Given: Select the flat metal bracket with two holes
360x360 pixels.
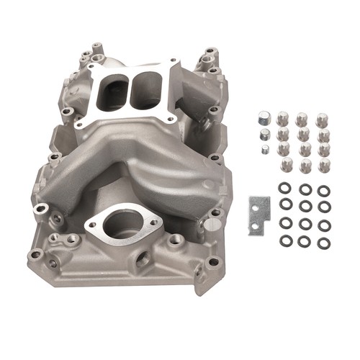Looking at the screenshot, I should point(258,215).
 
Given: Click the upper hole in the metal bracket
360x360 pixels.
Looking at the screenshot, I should point(257,202).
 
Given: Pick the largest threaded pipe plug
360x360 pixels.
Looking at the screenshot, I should point(264,117).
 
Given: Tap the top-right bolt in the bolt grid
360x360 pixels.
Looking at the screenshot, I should point(321,117).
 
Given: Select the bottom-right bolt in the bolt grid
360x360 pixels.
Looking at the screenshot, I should point(323,165).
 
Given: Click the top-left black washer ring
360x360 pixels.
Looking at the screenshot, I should point(285,189).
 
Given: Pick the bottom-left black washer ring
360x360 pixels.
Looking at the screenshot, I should point(285,241).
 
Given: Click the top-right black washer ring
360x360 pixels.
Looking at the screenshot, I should point(323,190).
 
